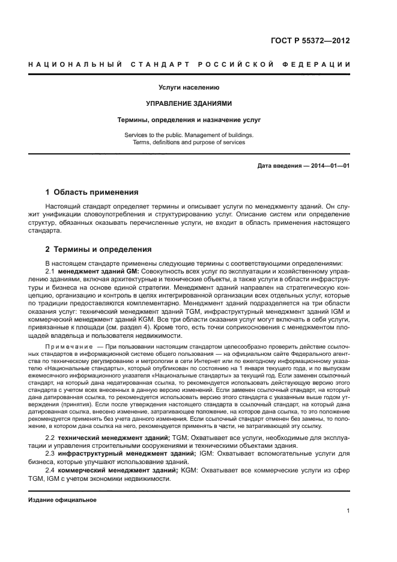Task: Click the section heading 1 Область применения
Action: pyautogui.click(x=92, y=192)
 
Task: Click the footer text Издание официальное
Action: pyautogui.click(x=62, y=500)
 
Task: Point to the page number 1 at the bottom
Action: pyautogui.click(x=348, y=511)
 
